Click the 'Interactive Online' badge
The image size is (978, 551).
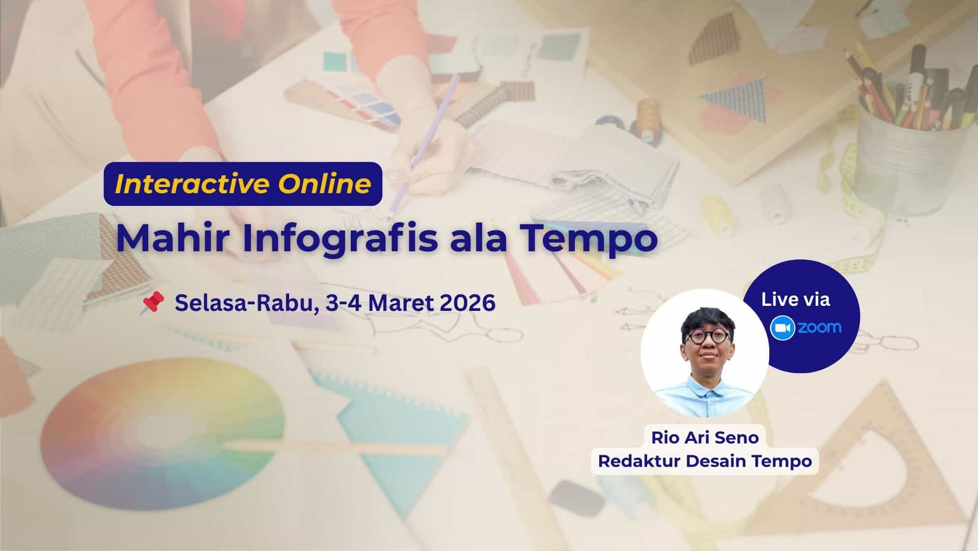[x=243, y=184]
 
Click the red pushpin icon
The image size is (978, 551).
[x=151, y=303]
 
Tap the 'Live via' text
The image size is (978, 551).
[x=796, y=300]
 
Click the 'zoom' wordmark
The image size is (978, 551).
[x=819, y=328]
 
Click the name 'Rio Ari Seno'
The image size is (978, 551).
[x=705, y=437]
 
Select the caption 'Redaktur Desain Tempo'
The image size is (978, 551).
[x=705, y=461]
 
